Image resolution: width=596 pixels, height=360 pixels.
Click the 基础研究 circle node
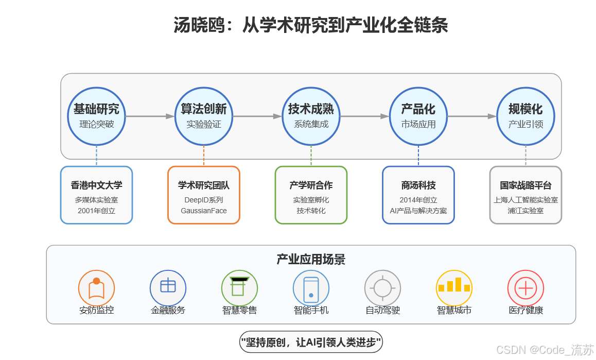point(96,116)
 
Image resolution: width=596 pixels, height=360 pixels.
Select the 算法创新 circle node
point(204,116)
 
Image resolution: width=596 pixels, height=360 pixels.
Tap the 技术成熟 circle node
point(311,116)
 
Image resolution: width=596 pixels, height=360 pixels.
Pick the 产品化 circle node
point(418,116)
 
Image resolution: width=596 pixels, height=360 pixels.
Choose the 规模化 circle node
point(525,116)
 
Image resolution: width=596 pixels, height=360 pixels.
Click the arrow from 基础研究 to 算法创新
point(150,116)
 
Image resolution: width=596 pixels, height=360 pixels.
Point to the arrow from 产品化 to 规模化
point(472,116)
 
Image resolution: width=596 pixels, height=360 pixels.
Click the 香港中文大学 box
point(96,195)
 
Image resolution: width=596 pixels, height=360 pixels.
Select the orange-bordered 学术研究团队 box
point(204,195)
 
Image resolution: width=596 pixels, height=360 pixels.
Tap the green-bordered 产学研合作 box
point(311,195)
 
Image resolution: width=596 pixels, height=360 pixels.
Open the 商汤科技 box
point(418,195)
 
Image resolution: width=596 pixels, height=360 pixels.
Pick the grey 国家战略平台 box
point(525,195)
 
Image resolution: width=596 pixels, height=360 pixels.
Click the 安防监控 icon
point(96,288)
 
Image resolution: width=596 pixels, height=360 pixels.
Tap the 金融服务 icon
point(168,288)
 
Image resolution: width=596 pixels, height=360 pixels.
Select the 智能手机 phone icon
point(311,288)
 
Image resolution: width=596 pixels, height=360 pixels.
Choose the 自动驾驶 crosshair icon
point(382,288)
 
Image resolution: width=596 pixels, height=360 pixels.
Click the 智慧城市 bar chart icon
point(454,288)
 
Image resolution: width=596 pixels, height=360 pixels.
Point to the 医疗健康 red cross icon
point(525,288)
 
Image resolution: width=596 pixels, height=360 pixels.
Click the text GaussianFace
point(204,211)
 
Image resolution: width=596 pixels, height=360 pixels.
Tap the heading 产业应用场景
point(311,259)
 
